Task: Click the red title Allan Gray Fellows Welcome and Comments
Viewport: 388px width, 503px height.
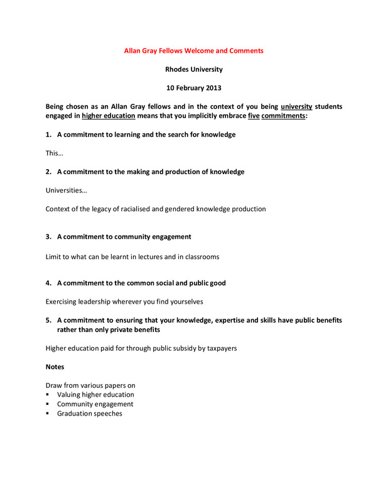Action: pyautogui.click(x=193, y=50)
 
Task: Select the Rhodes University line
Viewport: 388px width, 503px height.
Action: pyautogui.click(x=193, y=69)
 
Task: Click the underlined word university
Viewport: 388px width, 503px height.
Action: pyautogui.click(x=296, y=106)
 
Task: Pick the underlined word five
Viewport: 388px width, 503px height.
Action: pyautogui.click(x=254, y=116)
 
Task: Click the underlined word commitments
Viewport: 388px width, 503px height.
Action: pyautogui.click(x=283, y=116)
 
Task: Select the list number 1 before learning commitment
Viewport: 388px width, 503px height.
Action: pyautogui.click(x=48, y=135)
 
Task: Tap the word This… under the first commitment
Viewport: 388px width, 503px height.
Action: pyautogui.click(x=54, y=153)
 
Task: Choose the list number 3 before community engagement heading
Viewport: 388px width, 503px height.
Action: pyautogui.click(x=48, y=236)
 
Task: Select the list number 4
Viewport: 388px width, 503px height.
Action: pyautogui.click(x=48, y=283)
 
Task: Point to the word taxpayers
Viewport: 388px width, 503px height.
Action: pyautogui.click(x=218, y=348)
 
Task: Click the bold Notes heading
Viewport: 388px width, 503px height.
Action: pyautogui.click(x=55, y=367)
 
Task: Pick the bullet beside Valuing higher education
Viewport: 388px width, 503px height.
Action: pyautogui.click(x=48, y=395)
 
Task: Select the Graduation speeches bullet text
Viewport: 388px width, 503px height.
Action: pyautogui.click(x=89, y=414)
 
